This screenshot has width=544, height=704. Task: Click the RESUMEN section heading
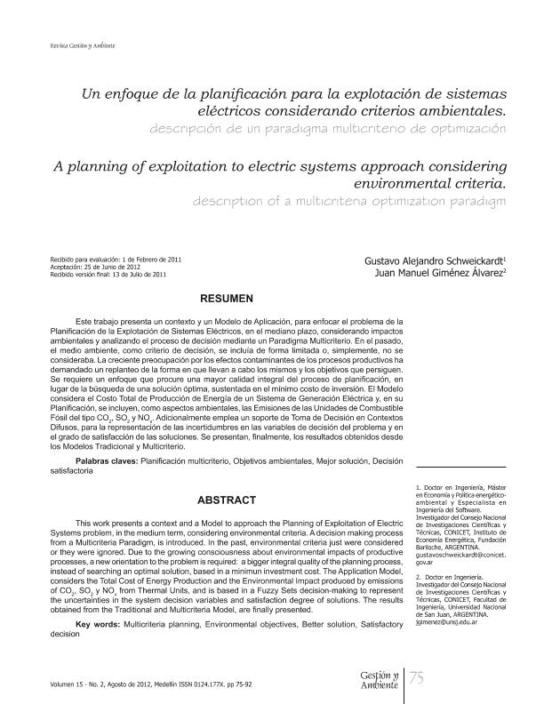[x=228, y=296]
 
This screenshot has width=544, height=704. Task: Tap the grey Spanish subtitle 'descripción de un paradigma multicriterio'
[x=329, y=128]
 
